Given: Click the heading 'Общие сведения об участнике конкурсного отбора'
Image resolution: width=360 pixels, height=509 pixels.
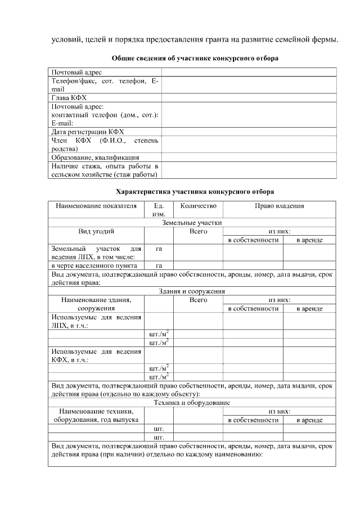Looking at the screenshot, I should (195, 58).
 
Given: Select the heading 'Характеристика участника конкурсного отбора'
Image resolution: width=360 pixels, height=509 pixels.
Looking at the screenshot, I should (195, 191).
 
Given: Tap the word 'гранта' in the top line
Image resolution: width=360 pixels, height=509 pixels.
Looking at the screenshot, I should (242, 39).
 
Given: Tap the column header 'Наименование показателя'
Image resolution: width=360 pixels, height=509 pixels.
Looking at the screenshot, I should (96, 206).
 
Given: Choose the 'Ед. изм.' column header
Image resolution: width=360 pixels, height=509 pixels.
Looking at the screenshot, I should (159, 210).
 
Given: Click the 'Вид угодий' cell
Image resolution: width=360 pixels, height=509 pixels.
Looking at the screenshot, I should (96, 231).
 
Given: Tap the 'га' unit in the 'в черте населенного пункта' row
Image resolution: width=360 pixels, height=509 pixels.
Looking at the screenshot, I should (159, 265).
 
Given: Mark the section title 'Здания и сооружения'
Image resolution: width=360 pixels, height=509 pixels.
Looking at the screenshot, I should (192, 291).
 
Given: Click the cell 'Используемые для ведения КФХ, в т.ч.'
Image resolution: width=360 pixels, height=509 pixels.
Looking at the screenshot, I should (96, 355).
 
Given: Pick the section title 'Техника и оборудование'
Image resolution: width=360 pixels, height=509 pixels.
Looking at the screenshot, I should (192, 403).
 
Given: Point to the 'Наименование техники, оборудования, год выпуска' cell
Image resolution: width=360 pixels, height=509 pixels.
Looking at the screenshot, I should (96, 416).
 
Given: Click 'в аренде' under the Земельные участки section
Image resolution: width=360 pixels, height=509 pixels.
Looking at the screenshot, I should (309, 240).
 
